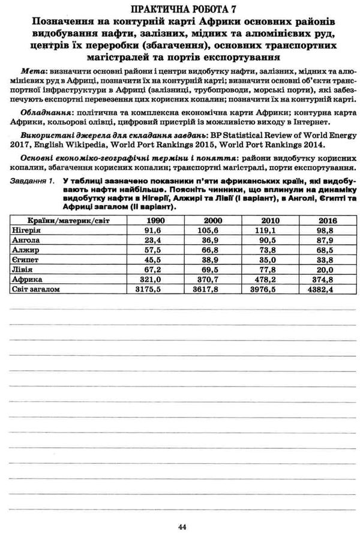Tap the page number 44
(x=182, y=526)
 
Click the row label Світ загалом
(x=37, y=289)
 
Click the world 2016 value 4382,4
(x=326, y=289)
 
